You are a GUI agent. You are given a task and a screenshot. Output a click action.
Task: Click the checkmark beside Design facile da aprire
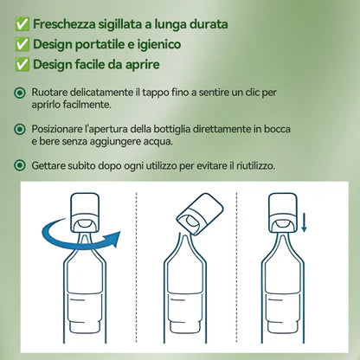pos(22,64)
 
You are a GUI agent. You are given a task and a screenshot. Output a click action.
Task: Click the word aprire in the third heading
pos(166,65)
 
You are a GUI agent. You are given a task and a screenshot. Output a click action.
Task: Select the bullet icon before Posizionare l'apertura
pos(22,129)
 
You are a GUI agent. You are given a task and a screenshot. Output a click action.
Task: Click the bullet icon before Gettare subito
pos(22,164)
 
